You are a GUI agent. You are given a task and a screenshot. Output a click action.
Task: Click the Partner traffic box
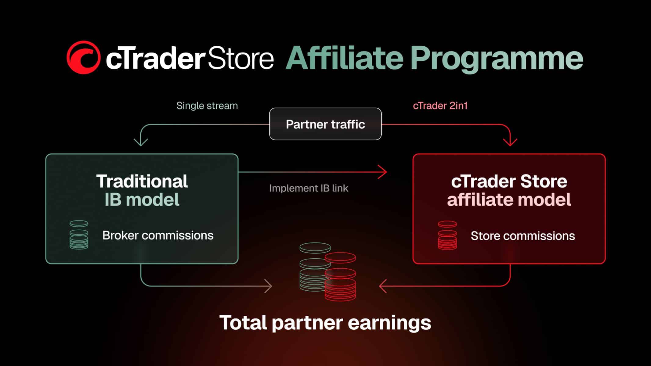tap(325, 124)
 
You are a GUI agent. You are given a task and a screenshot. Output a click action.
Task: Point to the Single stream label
tap(207, 106)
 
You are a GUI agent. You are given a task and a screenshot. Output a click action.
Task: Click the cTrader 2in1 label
tap(440, 106)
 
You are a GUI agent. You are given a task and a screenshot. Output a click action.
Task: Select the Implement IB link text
tap(309, 188)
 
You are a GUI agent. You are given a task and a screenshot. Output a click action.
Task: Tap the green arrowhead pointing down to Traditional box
tap(141, 142)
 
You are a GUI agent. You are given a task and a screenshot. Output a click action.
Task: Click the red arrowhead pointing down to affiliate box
tap(510, 142)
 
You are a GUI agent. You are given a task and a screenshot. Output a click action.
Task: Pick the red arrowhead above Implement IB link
tap(383, 172)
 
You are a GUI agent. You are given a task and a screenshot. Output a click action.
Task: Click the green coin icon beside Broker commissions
tap(79, 235)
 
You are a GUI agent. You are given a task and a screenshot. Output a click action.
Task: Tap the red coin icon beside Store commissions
tap(447, 235)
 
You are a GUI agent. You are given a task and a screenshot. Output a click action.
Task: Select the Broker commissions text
tap(158, 235)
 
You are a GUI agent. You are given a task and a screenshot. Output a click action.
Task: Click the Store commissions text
tap(523, 236)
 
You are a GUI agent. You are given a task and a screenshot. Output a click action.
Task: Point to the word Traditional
tap(142, 181)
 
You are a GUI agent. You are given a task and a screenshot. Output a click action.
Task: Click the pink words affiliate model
tap(509, 200)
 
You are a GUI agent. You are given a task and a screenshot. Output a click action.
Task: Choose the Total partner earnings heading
tap(325, 323)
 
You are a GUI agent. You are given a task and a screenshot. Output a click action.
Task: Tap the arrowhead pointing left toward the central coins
tap(383, 286)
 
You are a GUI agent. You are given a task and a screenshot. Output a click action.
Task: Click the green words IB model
tap(142, 200)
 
